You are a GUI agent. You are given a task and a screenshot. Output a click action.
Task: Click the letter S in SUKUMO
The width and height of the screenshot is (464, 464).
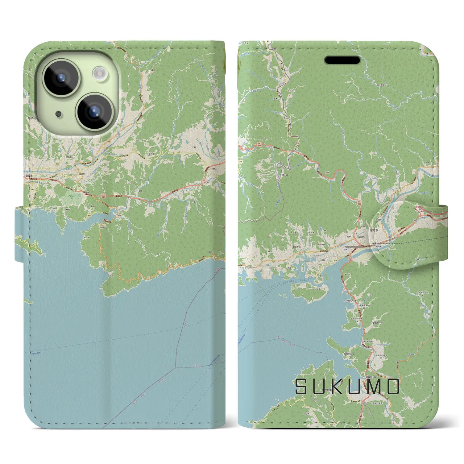click(x=301, y=386)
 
